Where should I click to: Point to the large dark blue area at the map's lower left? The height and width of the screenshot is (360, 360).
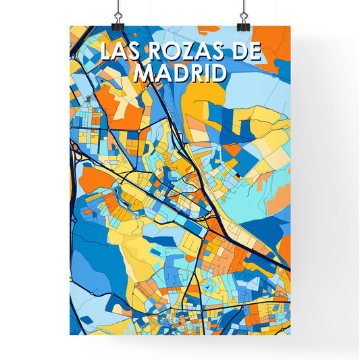(91, 250)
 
